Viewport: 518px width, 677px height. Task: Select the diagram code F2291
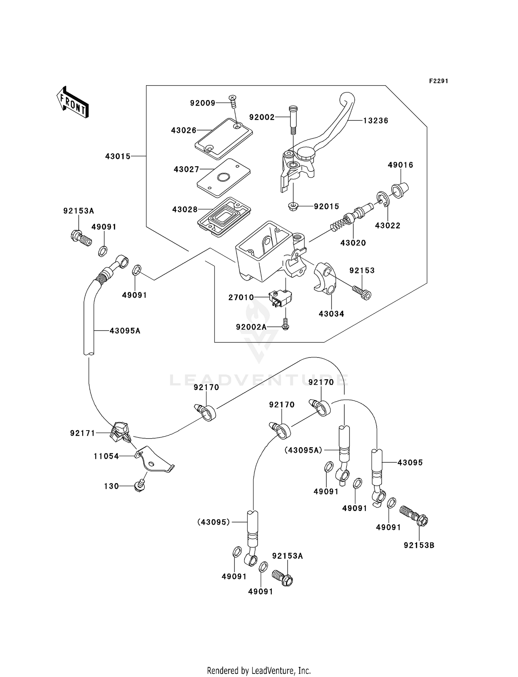(x=438, y=81)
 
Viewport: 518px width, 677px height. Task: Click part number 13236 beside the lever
(x=376, y=120)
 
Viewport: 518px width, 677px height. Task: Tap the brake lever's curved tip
(x=347, y=97)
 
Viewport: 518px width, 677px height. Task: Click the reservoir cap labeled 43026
(x=223, y=139)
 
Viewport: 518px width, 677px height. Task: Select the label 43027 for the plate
(x=186, y=169)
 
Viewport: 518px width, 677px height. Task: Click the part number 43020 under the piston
(x=353, y=243)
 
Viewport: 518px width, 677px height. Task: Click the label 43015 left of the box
(x=118, y=156)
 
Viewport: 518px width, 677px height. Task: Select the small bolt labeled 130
(x=140, y=486)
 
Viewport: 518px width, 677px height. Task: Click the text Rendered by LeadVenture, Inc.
(x=259, y=670)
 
